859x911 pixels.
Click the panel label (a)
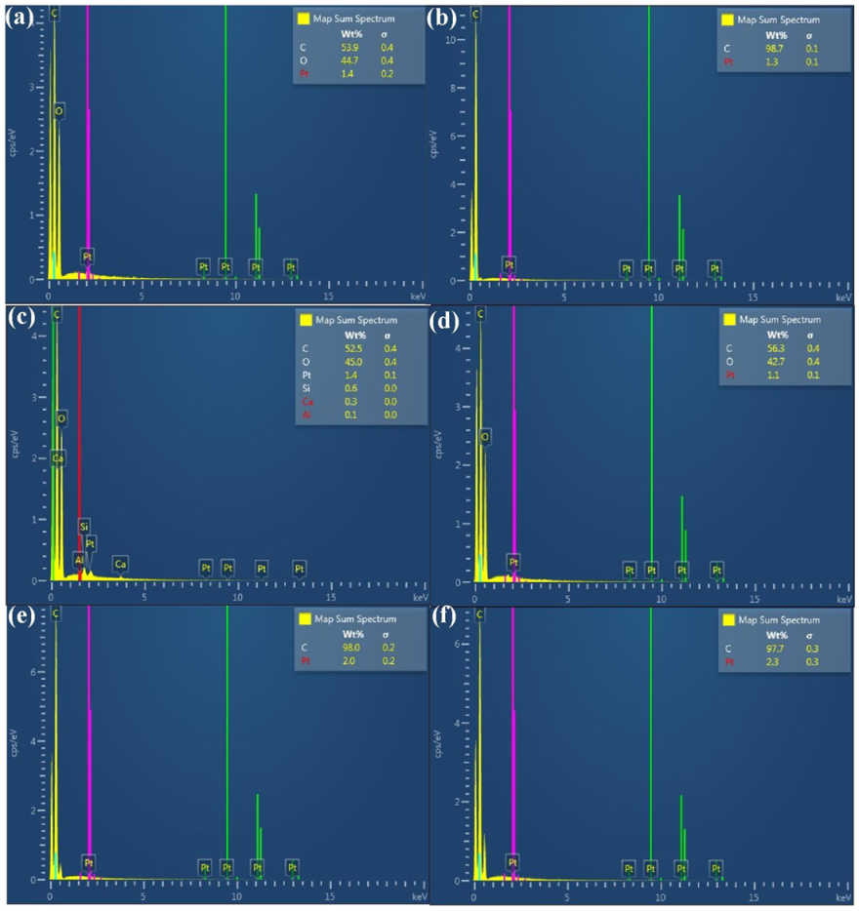tap(20, 16)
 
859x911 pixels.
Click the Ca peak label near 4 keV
tap(120, 564)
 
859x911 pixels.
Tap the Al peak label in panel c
tap(79, 559)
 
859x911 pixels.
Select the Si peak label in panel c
tap(84, 526)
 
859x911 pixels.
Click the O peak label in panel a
tap(59, 111)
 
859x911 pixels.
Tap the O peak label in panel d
tap(484, 437)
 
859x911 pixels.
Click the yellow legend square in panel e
tap(305, 619)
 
